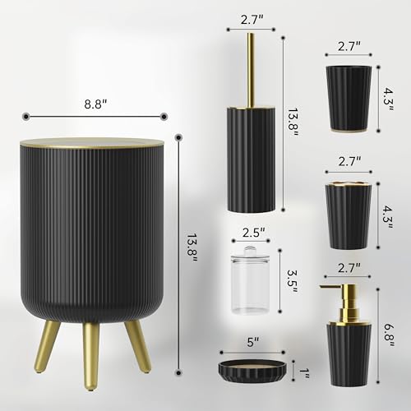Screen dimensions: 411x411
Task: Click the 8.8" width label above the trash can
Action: (95, 104)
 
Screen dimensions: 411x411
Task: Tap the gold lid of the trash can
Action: (92, 144)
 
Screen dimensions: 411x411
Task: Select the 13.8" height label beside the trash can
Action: (192, 248)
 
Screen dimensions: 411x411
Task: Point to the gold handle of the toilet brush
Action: (250, 70)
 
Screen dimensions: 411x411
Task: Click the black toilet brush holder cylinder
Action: (251, 159)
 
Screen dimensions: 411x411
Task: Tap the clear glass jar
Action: (250, 280)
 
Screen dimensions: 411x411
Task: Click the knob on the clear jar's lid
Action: (250, 251)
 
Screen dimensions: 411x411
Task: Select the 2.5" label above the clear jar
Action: (254, 233)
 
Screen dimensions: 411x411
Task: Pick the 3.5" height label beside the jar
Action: (292, 282)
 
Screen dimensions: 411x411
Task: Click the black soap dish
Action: (252, 372)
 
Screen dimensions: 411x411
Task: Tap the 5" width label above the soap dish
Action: (253, 342)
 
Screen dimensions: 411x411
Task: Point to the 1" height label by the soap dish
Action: (304, 372)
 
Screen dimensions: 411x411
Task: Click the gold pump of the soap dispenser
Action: (344, 303)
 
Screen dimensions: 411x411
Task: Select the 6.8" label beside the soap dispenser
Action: (389, 335)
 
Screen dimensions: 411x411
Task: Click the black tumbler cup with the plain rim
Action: (349, 99)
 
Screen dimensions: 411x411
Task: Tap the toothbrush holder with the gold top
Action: (349, 215)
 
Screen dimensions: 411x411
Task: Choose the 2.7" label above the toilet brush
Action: (252, 20)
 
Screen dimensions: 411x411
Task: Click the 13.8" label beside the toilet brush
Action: (293, 122)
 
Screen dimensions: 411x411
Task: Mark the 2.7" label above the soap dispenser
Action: (349, 268)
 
